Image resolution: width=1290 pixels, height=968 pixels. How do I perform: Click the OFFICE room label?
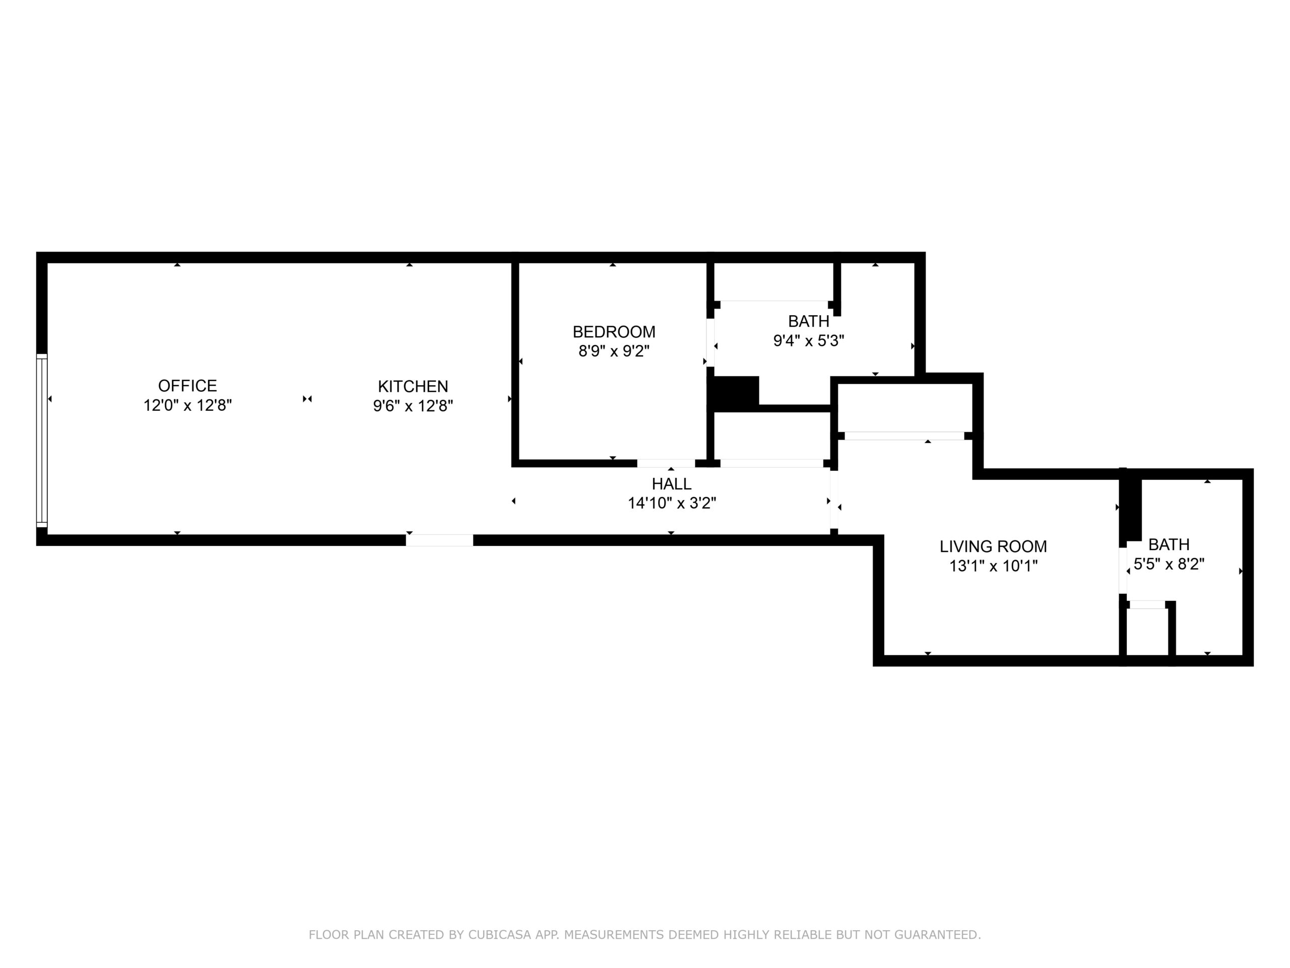(x=187, y=386)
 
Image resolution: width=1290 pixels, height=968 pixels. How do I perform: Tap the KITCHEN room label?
(x=413, y=386)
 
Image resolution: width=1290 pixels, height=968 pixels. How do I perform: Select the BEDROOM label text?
(x=614, y=332)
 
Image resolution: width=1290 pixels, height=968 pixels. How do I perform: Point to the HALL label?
(x=672, y=483)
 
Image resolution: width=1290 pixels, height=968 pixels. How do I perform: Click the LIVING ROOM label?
(x=993, y=547)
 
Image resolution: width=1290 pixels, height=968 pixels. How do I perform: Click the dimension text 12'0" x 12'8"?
(x=188, y=405)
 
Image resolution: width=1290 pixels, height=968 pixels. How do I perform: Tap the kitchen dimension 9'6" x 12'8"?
(x=413, y=405)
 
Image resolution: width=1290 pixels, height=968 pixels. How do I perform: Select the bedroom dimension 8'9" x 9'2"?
(x=614, y=351)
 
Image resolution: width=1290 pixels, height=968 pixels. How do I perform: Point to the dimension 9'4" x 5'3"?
(x=809, y=341)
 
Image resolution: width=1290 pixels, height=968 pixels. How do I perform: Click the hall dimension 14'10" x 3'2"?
(x=672, y=503)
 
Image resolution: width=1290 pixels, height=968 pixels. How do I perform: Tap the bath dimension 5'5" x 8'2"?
(x=1169, y=564)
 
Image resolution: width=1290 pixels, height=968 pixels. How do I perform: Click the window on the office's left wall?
(x=41, y=441)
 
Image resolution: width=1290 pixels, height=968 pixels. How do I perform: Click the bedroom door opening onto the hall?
(x=666, y=463)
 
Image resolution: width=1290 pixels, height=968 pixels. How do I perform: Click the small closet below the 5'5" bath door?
(x=1148, y=631)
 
